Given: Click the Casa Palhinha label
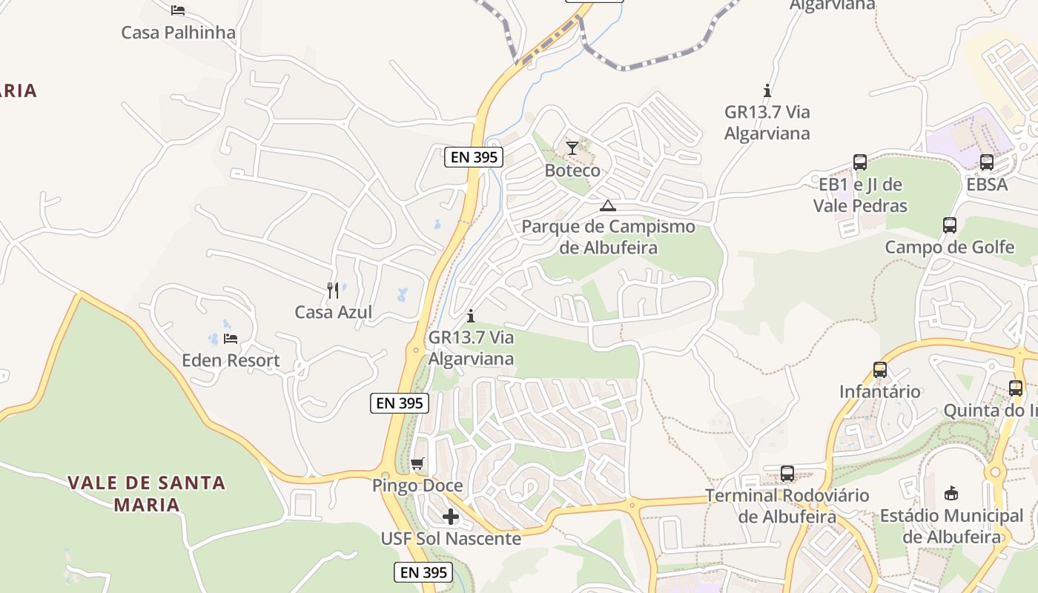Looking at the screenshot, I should click(x=178, y=33).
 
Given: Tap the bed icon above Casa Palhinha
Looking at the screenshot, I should click(x=178, y=10).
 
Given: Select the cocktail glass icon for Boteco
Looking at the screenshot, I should click(x=572, y=148).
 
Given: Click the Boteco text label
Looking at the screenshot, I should click(x=572, y=170).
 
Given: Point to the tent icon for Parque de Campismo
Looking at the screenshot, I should click(x=608, y=205).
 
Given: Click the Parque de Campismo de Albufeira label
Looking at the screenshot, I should click(x=608, y=237).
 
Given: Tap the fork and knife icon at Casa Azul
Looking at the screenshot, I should click(x=333, y=290).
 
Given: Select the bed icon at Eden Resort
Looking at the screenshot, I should click(x=231, y=339).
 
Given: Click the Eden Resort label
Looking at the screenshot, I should click(x=231, y=361).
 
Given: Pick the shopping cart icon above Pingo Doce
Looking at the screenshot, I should click(x=417, y=464).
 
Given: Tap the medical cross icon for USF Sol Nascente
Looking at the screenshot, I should click(x=451, y=517).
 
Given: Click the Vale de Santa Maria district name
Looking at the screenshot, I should click(x=147, y=494).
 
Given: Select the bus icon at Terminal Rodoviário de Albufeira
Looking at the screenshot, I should click(x=787, y=473).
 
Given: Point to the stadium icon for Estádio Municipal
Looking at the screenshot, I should click(x=951, y=493).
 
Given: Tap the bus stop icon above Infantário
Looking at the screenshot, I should click(x=880, y=369).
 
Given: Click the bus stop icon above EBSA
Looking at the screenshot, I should click(x=987, y=162).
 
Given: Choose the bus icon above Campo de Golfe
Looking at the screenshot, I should click(x=950, y=225).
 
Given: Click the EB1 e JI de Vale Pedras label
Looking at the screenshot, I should click(x=860, y=195).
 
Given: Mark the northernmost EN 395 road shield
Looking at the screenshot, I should click(x=475, y=157).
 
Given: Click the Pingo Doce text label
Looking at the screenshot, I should click(x=417, y=486).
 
